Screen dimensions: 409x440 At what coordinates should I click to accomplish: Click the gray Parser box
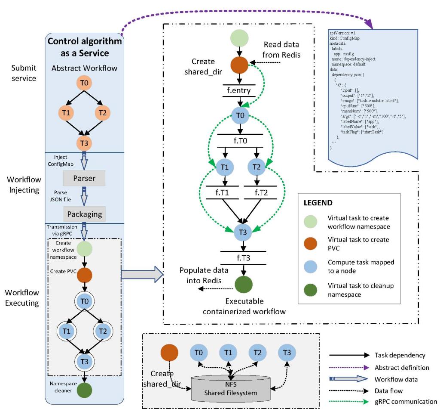click(84, 177)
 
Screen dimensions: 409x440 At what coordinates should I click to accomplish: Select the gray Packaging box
click(84, 213)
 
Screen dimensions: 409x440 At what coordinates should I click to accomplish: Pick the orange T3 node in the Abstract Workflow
click(84, 142)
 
